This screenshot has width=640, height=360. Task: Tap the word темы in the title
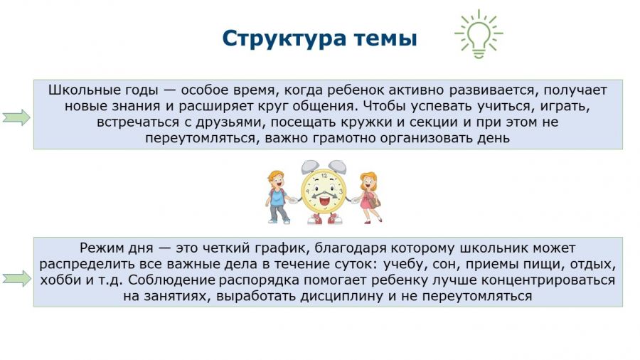tap(385, 39)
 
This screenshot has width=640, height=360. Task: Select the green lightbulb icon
tap(479, 34)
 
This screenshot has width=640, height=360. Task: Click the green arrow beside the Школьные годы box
tap(17, 117)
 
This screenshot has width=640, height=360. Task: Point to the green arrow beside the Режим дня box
tap(17, 278)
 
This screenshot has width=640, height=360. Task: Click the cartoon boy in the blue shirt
tap(278, 197)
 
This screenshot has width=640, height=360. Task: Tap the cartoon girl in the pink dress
tap(369, 198)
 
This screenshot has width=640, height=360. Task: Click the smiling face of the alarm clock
tap(324, 191)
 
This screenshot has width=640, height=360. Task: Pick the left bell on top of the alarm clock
tap(311, 166)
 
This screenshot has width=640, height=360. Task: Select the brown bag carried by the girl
tap(374, 201)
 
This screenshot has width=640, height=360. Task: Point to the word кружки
tap(353, 122)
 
